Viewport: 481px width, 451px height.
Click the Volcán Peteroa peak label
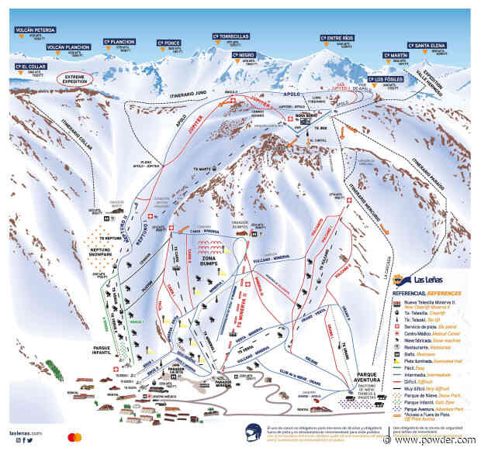click(x=33, y=30)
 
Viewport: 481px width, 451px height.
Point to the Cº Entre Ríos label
click(x=340, y=37)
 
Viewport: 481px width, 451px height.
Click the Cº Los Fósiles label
click(x=385, y=79)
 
